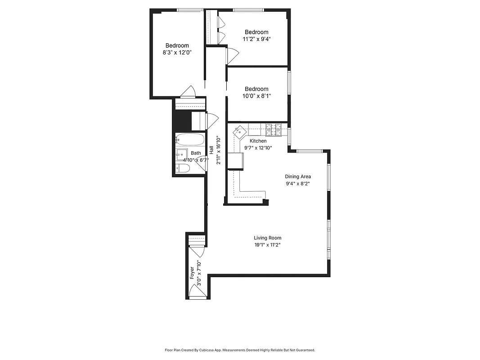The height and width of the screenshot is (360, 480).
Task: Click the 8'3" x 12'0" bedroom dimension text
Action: pyautogui.click(x=177, y=52)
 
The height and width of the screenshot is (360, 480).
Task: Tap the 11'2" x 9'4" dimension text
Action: pyautogui.click(x=256, y=39)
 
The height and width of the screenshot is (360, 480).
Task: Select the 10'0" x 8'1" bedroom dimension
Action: pyautogui.click(x=256, y=96)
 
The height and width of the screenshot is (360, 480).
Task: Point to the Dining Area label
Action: pyautogui.click(x=298, y=176)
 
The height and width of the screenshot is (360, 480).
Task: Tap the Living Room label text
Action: pyautogui.click(x=268, y=238)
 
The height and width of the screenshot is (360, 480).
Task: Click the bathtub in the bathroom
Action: pyautogui.click(x=190, y=139)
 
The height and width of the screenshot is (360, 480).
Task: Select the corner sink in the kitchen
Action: pyautogui.click(x=239, y=131)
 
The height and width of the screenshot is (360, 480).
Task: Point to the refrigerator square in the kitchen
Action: pyautogui.click(x=235, y=161)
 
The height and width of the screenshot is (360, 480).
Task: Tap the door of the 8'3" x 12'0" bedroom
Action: pyautogui.click(x=188, y=92)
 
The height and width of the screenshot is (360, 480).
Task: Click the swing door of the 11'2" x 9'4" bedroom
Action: pyautogui.click(x=233, y=55)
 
